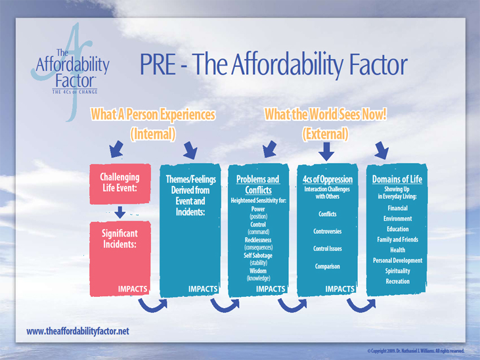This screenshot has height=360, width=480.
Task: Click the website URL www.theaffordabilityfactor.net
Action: (x=77, y=331)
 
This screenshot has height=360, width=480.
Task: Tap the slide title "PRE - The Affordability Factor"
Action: (x=273, y=64)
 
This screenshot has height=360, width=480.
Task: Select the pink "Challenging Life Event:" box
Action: (x=120, y=184)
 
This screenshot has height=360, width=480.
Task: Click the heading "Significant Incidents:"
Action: (x=120, y=238)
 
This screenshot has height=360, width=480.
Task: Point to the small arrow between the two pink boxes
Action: (x=120, y=212)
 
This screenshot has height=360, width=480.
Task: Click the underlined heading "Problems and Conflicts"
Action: (x=258, y=185)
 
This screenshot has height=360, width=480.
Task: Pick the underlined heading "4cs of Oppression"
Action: (x=328, y=179)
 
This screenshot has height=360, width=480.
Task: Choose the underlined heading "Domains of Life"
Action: (x=397, y=179)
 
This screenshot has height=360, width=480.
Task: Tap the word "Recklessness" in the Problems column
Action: (x=258, y=240)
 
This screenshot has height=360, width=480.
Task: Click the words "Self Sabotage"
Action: (x=258, y=255)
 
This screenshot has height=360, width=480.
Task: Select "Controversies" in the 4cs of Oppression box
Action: (x=328, y=231)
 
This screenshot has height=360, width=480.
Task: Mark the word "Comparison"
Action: (x=328, y=266)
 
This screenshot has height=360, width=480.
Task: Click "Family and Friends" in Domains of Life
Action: (x=398, y=239)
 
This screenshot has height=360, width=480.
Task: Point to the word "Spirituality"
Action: (x=398, y=271)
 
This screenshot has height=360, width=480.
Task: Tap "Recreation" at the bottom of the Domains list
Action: (x=398, y=281)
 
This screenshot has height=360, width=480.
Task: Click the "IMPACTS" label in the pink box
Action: (x=133, y=289)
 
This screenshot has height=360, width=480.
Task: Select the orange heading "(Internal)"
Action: (x=153, y=134)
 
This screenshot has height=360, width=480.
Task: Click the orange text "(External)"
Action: (x=326, y=134)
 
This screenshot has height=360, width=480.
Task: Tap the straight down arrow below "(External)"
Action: (x=326, y=151)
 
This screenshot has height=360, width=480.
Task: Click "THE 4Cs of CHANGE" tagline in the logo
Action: (x=75, y=92)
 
